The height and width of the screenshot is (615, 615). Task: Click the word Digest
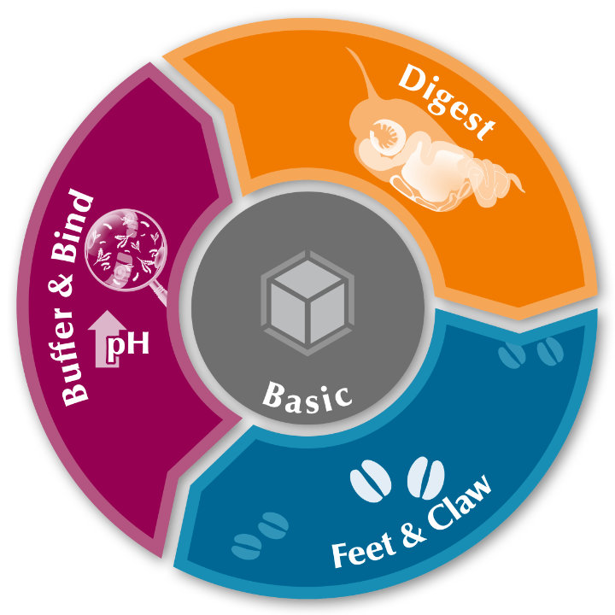pyautogui.click(x=447, y=102)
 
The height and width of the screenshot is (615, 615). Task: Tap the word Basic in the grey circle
pyautogui.click(x=307, y=395)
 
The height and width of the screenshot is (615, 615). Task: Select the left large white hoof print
pyautogui.click(x=371, y=479)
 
